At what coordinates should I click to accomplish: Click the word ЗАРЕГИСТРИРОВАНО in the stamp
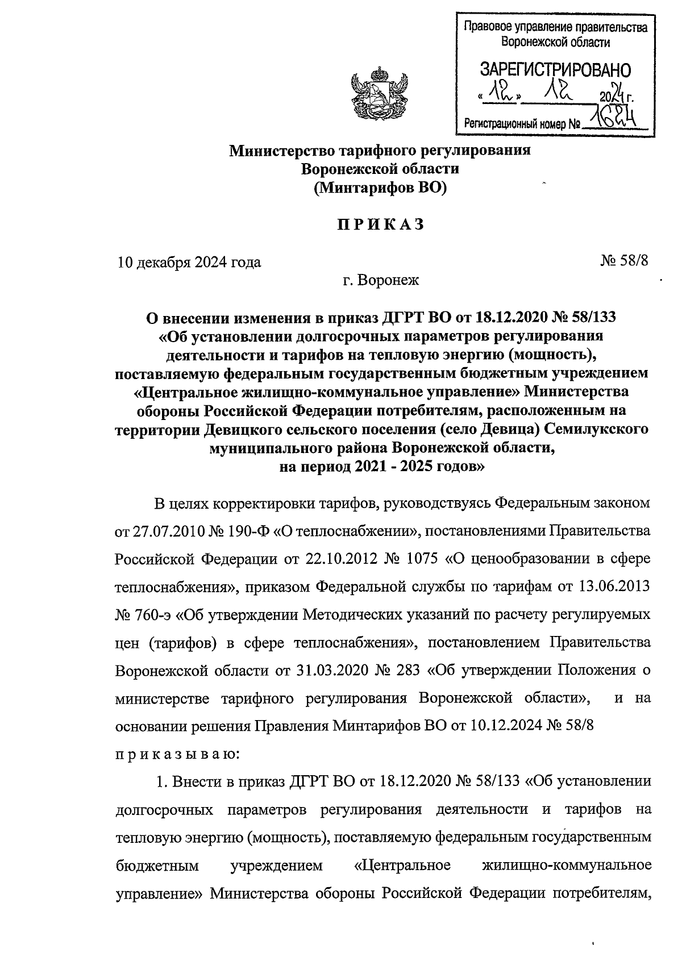(x=555, y=71)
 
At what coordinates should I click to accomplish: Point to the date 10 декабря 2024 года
(x=189, y=262)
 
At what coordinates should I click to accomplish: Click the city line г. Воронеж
(x=380, y=280)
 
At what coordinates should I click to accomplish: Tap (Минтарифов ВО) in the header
(x=380, y=187)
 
